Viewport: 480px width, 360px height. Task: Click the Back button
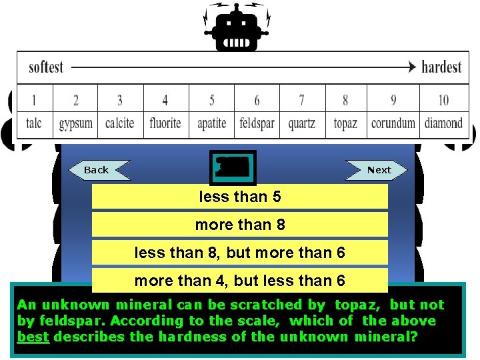click(x=97, y=170)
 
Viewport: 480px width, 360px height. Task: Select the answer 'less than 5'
click(x=239, y=197)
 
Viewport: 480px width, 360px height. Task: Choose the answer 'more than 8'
click(x=239, y=225)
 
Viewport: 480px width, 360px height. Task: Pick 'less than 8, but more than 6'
click(x=239, y=253)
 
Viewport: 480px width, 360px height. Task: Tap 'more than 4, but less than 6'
click(x=239, y=281)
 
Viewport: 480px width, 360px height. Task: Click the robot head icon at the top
click(x=237, y=28)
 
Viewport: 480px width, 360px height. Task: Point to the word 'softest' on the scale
click(x=46, y=67)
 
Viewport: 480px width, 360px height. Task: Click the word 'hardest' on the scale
click(x=441, y=67)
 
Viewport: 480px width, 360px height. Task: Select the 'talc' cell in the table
click(x=34, y=123)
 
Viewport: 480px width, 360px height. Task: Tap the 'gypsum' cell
click(x=75, y=124)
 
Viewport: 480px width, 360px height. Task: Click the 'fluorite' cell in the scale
click(x=165, y=123)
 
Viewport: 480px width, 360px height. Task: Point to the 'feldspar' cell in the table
click(x=257, y=124)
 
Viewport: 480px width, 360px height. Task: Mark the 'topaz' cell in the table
click(x=345, y=124)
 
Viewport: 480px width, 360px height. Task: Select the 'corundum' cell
click(x=393, y=123)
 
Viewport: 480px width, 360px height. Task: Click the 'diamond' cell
click(x=443, y=123)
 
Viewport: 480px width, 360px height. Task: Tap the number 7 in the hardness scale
click(x=301, y=101)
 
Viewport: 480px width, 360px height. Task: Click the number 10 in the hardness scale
click(x=443, y=101)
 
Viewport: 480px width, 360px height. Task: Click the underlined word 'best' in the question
click(x=33, y=337)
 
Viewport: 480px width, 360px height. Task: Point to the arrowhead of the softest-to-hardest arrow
click(x=411, y=67)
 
